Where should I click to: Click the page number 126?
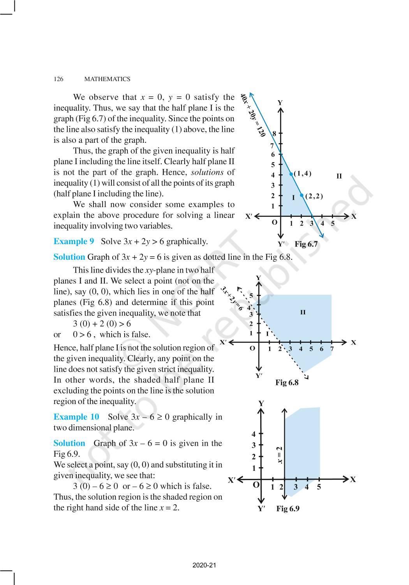[58, 79]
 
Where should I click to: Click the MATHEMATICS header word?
[107, 79]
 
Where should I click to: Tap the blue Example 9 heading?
[74, 241]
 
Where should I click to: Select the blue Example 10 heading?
[76, 417]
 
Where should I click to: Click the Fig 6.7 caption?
[306, 244]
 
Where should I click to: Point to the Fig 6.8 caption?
[287, 383]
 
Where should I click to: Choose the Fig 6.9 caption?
[288, 509]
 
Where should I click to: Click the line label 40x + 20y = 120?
[253, 115]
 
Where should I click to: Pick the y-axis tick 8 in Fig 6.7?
[274, 134]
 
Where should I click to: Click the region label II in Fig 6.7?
[339, 176]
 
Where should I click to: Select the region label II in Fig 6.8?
[303, 312]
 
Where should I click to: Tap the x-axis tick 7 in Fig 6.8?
[332, 349]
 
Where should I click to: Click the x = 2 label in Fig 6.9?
[279, 455]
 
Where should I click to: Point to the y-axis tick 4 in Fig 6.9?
[254, 434]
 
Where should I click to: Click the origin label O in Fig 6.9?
[256, 485]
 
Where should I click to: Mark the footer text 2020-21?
[204, 565]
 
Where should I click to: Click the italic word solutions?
[207, 172]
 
